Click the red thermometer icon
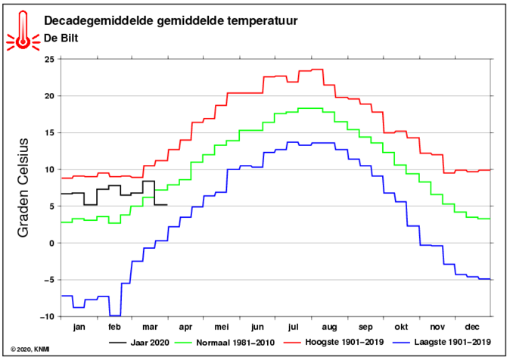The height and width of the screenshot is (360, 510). coord(23,32)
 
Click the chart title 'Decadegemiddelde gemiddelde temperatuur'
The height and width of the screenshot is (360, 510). coord(171,21)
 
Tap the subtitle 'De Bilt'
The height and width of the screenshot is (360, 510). coord(61,38)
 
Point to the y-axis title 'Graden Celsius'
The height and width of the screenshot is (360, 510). coord(23,188)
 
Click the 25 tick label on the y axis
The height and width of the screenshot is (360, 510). coord(51,59)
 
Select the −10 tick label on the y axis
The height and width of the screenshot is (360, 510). coord(48,316)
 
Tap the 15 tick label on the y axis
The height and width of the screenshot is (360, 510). coord(51,132)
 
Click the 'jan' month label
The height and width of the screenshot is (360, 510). coord(79,327)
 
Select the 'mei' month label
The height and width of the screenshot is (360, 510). coord(222,327)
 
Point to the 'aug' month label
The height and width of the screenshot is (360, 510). coord(329,327)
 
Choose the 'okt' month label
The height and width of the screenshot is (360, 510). coord(401,327)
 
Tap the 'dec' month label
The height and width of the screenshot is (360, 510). coord(472,327)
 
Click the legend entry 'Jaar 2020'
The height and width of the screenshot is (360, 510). coord(139,343)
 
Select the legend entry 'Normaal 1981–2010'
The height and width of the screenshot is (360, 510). coord(225,343)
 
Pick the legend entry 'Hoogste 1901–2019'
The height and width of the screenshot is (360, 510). coord(334,342)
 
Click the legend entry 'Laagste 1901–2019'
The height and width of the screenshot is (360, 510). coord(442,342)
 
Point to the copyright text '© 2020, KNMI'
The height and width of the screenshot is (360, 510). coord(30,349)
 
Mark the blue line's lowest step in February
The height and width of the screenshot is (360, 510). coord(115,316)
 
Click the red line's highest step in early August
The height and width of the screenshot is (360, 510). coord(317,70)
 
